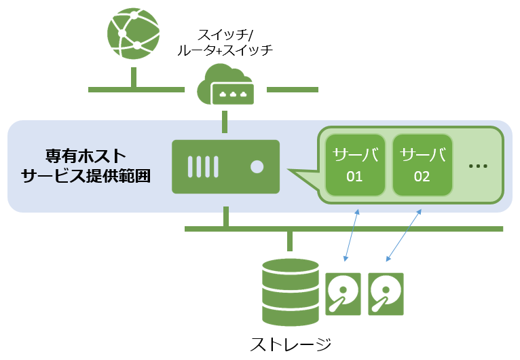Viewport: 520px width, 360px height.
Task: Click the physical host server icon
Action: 225,166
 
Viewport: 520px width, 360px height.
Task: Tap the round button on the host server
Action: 257,166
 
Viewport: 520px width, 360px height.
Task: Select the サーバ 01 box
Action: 355,165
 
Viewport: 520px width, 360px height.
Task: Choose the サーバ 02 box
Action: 422,165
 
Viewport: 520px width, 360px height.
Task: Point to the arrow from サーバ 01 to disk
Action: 352,235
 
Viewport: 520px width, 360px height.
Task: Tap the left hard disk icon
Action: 344,293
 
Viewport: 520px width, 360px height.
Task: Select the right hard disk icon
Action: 386,293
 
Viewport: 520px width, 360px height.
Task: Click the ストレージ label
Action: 291,344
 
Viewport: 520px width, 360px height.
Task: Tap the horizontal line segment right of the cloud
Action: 292,89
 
